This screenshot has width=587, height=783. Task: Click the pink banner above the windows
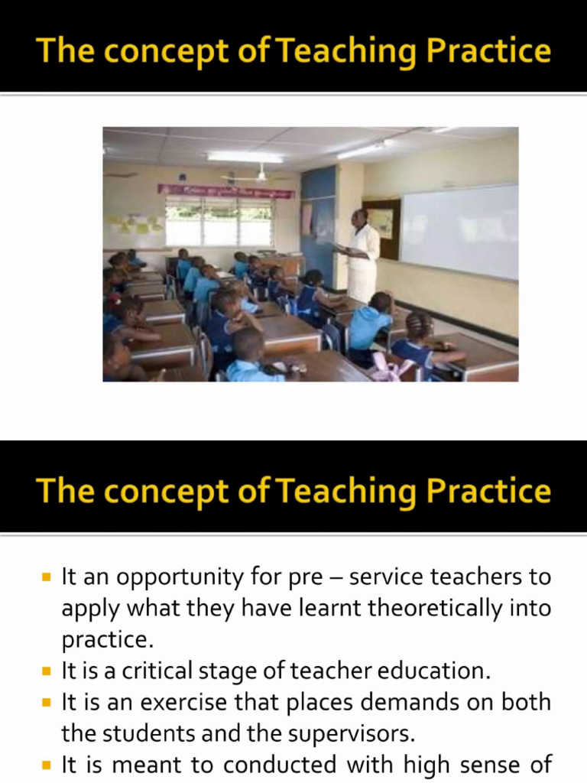tap(225, 190)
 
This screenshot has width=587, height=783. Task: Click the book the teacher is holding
tap(340, 247)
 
